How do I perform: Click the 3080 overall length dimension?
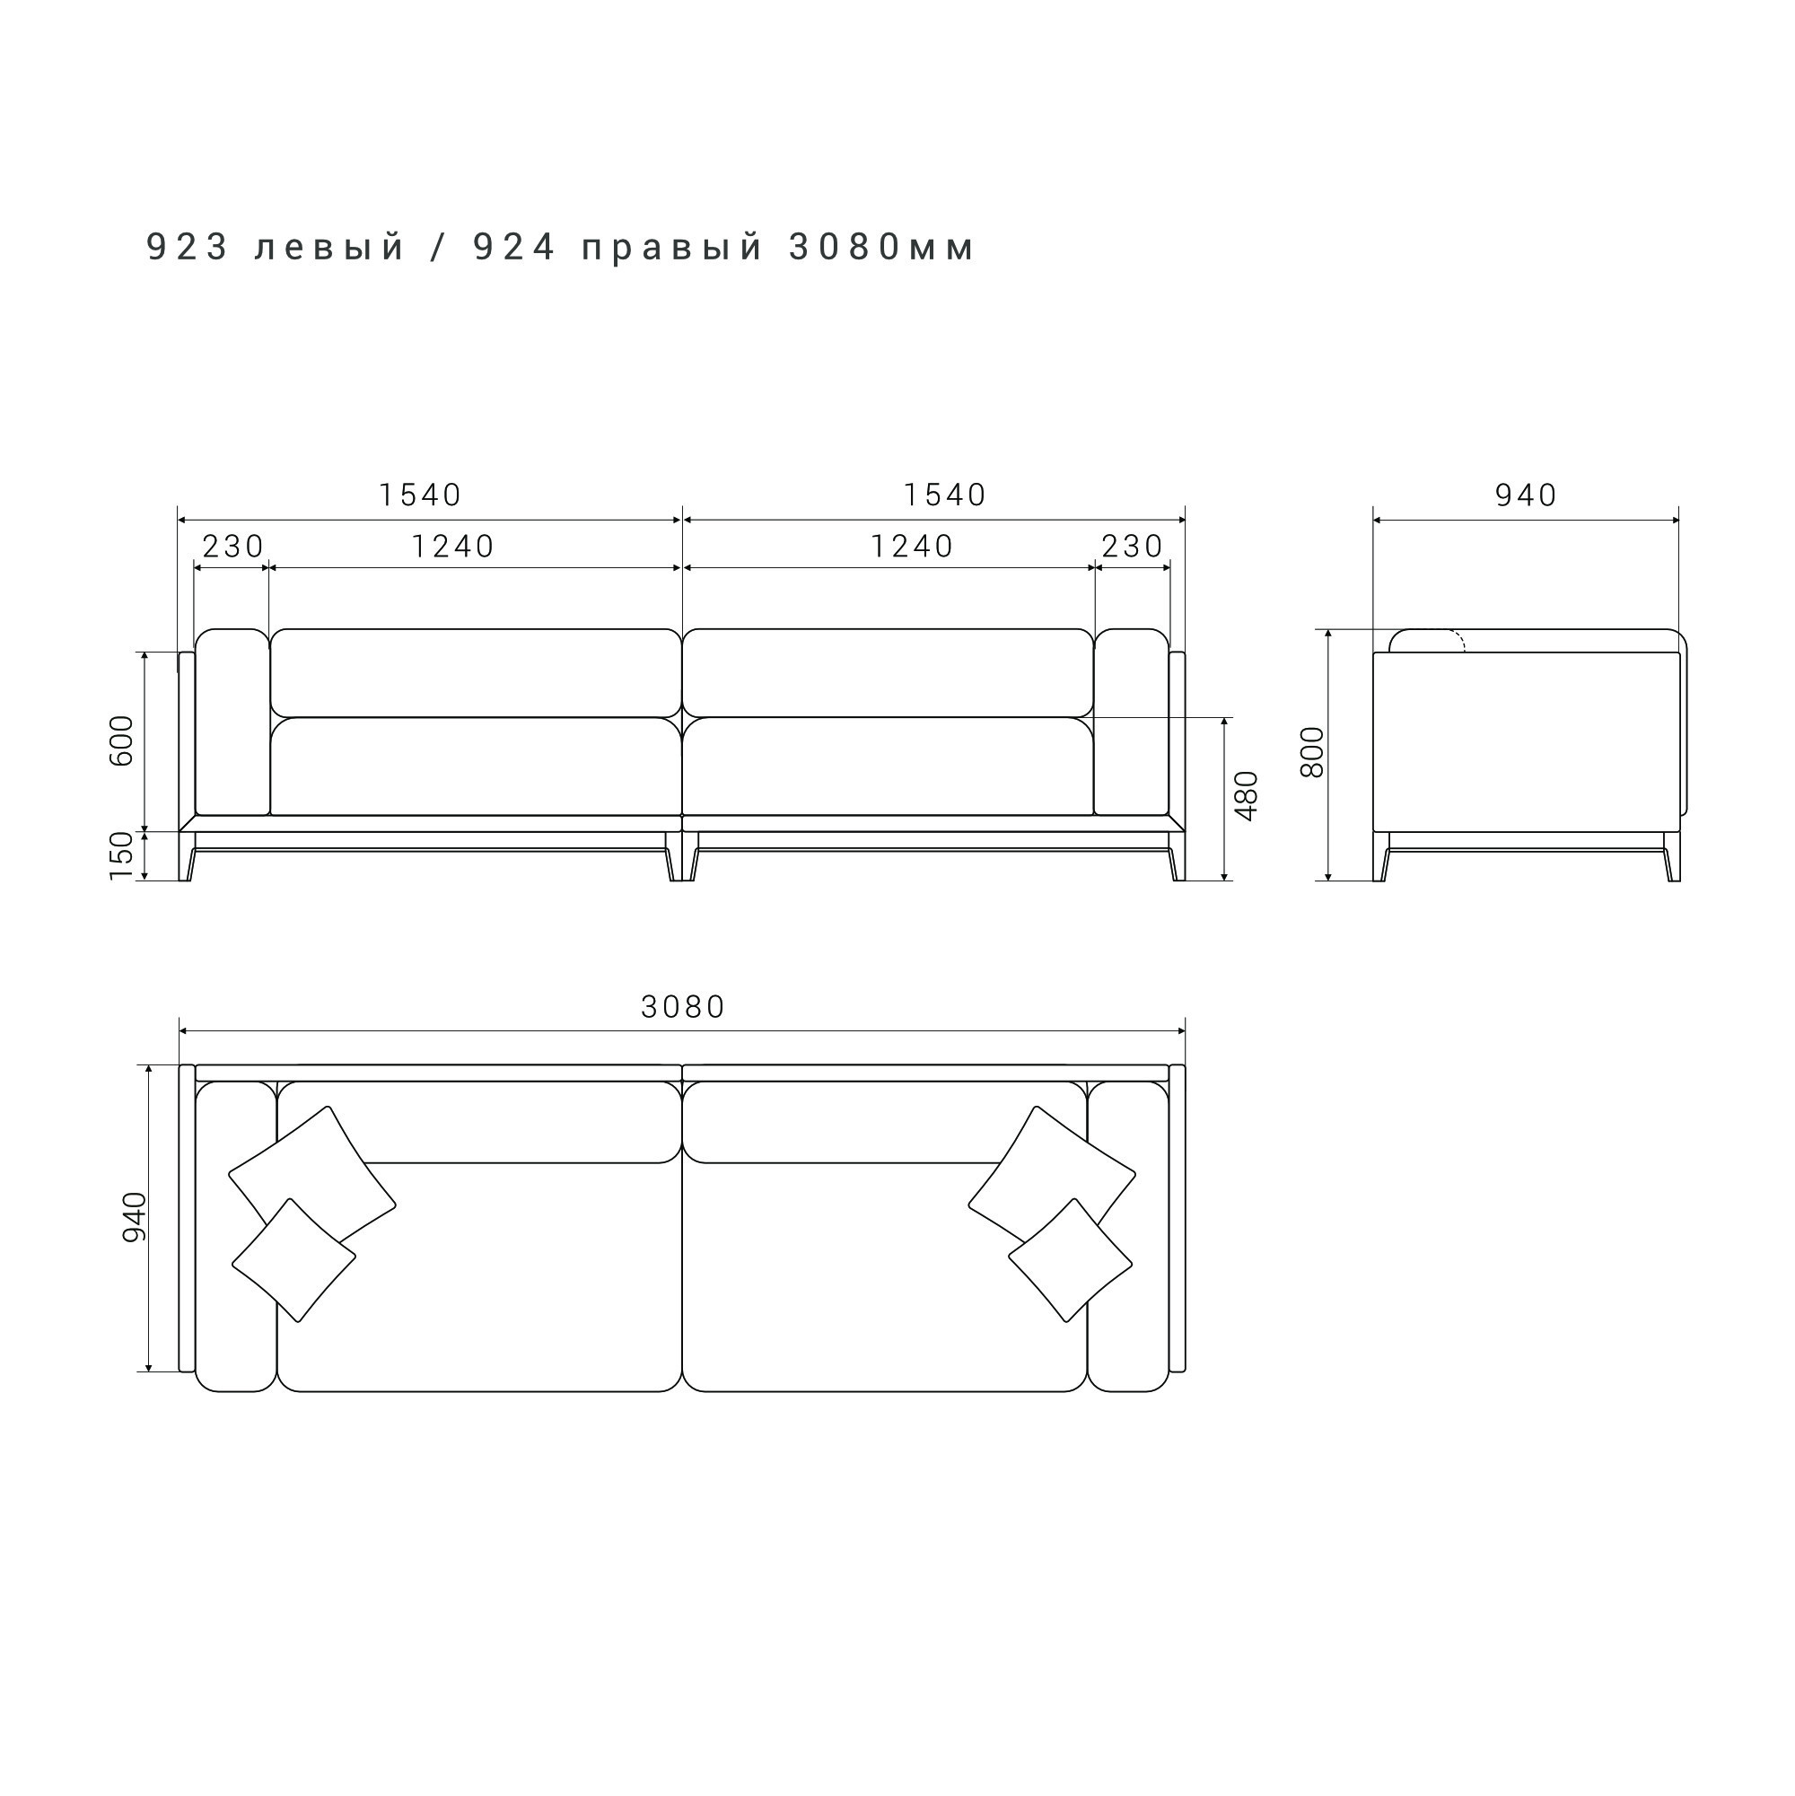click(683, 1007)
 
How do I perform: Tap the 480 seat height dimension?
click(1246, 795)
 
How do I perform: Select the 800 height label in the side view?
click(1311, 752)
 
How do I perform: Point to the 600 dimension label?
click(122, 740)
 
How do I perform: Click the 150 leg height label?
click(122, 856)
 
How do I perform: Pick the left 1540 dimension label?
click(420, 495)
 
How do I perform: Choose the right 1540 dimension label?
click(945, 495)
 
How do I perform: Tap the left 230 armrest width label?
click(233, 546)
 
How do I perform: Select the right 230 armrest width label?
click(1133, 546)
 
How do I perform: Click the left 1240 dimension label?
click(453, 546)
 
